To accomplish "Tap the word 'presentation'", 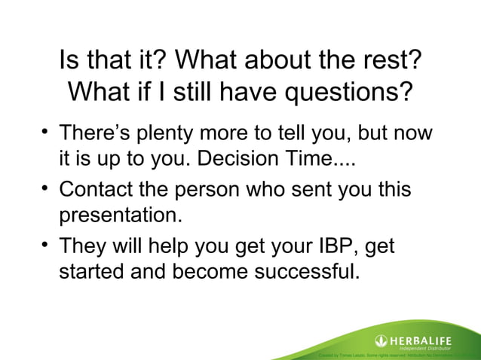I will point(121,216).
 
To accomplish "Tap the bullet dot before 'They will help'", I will point(44,246).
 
